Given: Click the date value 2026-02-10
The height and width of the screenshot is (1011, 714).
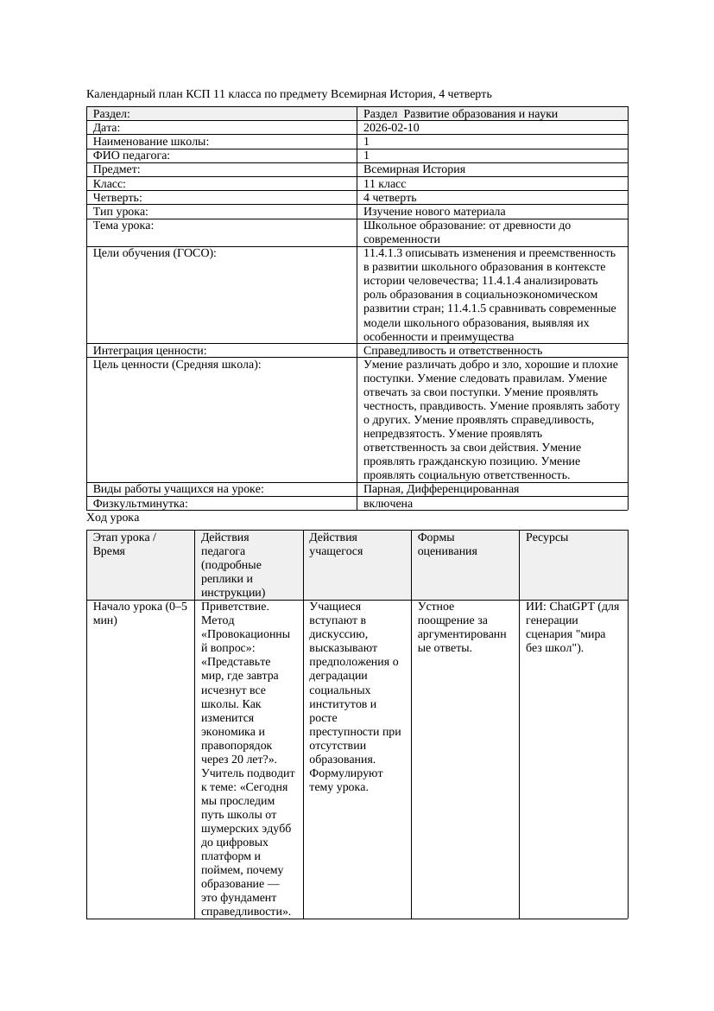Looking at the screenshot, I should pyautogui.click(x=392, y=128).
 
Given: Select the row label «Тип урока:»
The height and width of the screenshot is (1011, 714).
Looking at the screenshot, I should pyautogui.click(x=121, y=212).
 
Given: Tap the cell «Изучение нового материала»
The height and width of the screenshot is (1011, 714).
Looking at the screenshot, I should pyautogui.click(x=434, y=212).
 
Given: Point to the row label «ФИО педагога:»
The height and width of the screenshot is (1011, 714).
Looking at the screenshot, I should pyautogui.click(x=131, y=156).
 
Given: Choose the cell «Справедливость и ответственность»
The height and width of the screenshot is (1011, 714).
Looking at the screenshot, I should pyautogui.click(x=452, y=351).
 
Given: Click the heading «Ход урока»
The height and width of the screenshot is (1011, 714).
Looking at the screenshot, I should pyautogui.click(x=113, y=518).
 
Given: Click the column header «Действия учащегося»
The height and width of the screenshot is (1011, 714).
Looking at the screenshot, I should pyautogui.click(x=337, y=544).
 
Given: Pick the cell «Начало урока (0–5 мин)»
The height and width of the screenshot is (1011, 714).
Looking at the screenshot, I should pyautogui.click(x=139, y=614).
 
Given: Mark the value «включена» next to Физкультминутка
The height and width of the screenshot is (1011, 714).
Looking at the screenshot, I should pyautogui.click(x=388, y=503).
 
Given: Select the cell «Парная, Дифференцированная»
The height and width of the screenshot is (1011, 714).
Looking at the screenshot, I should pyautogui.click(x=441, y=489).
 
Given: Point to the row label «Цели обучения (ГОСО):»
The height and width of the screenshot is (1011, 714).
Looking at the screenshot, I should pyautogui.click(x=155, y=253).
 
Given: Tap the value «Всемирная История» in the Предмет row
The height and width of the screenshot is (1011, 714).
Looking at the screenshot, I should pyautogui.click(x=414, y=169).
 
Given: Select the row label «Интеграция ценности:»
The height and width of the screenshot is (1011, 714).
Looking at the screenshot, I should pyautogui.click(x=149, y=351).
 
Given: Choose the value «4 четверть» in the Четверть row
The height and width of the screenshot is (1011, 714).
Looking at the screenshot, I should pyautogui.click(x=390, y=198).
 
